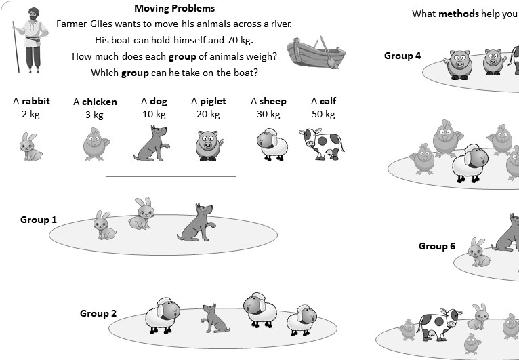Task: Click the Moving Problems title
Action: [x=174, y=9]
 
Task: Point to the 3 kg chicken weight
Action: [x=95, y=114]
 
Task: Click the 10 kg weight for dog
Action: [x=154, y=113]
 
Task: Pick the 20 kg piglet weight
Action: [x=209, y=113]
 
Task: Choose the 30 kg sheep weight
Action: [x=268, y=113]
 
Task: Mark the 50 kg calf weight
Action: [x=323, y=113]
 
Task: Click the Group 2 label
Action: [x=98, y=313]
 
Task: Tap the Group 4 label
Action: [x=402, y=56]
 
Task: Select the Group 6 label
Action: [x=437, y=246]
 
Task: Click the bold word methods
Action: [x=459, y=14]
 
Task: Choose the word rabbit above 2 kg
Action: [x=35, y=101]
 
